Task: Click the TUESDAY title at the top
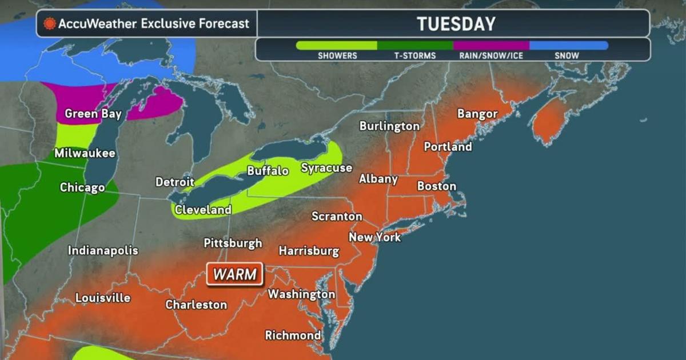click(456, 24)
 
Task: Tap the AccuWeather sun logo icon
click(50, 24)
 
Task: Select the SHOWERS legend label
click(337, 55)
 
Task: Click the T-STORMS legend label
click(414, 55)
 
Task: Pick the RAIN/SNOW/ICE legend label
click(491, 55)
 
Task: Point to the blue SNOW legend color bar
click(568, 45)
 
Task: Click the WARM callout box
click(235, 274)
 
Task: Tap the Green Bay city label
click(93, 114)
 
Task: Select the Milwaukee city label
click(85, 153)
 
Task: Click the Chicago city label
click(82, 187)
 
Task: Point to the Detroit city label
click(175, 182)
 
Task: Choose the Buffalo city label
click(268, 171)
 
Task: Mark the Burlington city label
click(389, 126)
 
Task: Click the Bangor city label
click(477, 114)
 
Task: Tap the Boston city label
click(437, 186)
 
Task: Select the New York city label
click(375, 237)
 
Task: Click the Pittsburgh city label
click(233, 243)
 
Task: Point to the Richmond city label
click(293, 335)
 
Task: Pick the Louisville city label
click(103, 298)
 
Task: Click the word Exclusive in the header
click(170, 24)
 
